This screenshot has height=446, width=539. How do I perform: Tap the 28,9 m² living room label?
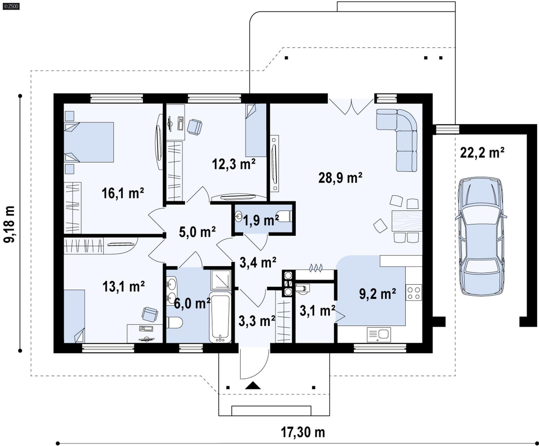[x=340, y=177]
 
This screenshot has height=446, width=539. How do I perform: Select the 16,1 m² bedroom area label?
[x=123, y=193]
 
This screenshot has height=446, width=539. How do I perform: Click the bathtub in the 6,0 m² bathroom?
[x=220, y=317]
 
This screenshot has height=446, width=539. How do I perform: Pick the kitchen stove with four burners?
[x=414, y=293]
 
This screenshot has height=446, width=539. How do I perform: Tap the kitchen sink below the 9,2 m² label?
[x=379, y=334]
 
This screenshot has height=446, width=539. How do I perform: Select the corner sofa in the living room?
[x=401, y=135]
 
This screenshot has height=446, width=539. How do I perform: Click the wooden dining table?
[x=407, y=221]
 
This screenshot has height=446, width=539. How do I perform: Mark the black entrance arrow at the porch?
[x=253, y=386]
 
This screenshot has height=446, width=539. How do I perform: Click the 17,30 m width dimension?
[x=303, y=432]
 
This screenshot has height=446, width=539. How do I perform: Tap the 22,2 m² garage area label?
[x=482, y=153]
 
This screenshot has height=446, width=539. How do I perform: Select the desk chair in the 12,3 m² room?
[x=194, y=127]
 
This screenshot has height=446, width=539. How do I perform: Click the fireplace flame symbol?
[x=316, y=268]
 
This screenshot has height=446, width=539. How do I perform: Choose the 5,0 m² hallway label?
[x=197, y=232]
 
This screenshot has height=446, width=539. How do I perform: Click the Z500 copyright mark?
[x=10, y=6]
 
